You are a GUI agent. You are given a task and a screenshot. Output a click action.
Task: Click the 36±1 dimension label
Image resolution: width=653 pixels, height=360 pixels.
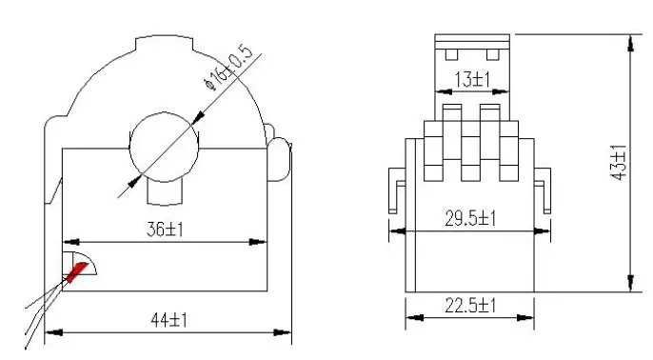tap(165, 230)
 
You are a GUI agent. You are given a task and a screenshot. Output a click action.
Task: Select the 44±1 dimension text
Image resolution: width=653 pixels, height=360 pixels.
tap(168, 321)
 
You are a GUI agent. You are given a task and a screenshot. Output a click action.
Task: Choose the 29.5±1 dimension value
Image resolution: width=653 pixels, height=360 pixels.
tap(472, 218)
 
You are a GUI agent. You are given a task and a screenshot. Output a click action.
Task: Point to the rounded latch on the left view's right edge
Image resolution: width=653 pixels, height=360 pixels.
tap(279, 159)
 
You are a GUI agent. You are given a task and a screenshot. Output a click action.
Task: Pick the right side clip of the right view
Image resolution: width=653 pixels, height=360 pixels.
tap(544, 190)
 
